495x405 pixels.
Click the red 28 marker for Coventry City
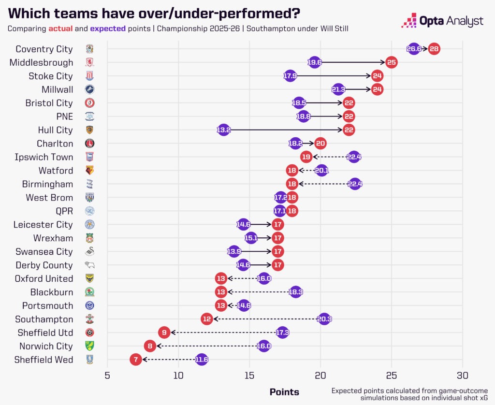(x=434, y=49)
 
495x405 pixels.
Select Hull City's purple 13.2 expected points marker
(x=223, y=130)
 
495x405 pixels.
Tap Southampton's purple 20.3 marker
(x=324, y=319)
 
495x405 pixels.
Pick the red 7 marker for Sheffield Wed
(x=136, y=360)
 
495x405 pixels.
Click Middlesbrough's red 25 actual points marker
(x=391, y=62)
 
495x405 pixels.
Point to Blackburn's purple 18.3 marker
(x=295, y=292)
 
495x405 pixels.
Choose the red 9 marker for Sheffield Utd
(x=164, y=333)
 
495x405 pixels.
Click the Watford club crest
(x=90, y=171)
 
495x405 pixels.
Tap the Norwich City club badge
(x=90, y=347)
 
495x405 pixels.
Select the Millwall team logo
(x=90, y=89)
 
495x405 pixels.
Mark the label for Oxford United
(x=44, y=279)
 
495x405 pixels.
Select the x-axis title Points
(x=284, y=392)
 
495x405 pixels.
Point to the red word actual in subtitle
(x=74, y=29)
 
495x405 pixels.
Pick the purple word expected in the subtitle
(x=108, y=29)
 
